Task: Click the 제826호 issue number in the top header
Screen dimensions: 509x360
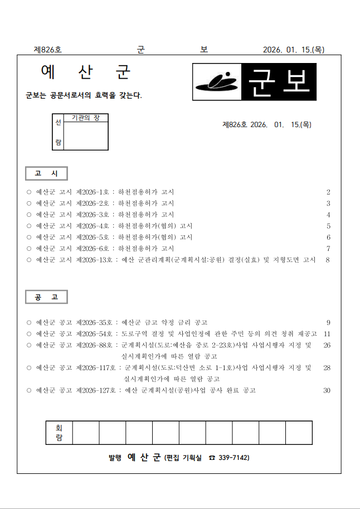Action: point(48,50)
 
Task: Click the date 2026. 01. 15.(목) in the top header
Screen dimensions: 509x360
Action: point(293,50)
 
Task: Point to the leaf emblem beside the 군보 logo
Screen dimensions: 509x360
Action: point(217,83)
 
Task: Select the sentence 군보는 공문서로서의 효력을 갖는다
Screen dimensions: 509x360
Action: point(84,95)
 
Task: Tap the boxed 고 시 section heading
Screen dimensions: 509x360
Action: point(46,173)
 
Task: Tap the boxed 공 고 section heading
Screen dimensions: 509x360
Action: point(46,297)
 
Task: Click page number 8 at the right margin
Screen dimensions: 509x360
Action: point(328,260)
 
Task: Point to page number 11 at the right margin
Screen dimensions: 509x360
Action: point(327,333)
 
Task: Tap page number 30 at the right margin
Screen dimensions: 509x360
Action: point(327,390)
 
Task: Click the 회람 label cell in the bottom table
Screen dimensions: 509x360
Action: point(59,433)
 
